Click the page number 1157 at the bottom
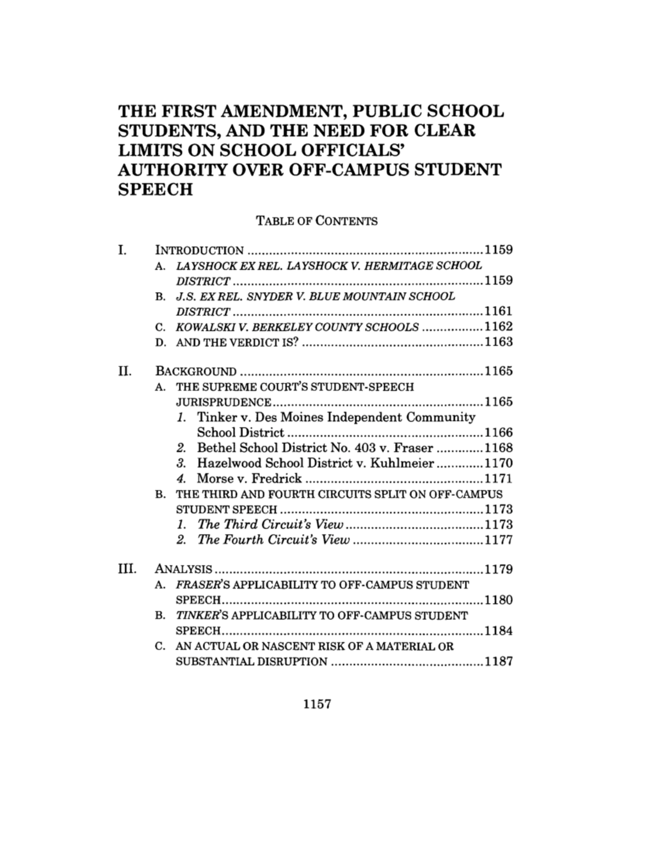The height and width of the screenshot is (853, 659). pos(317,704)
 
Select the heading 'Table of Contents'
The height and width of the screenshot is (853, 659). pos(317,221)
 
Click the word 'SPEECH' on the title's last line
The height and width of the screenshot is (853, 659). pos(155,189)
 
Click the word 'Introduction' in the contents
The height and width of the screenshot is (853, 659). pos(199,251)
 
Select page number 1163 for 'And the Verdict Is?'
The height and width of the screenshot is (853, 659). pos(498,342)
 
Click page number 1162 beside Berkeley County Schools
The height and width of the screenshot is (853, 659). pos(498,327)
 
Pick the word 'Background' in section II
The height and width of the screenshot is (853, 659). pos(196,372)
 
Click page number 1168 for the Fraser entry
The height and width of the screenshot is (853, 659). pos(498,448)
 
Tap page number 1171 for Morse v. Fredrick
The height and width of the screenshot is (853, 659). pos(498,478)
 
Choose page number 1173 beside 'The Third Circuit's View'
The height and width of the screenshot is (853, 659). pos(498,525)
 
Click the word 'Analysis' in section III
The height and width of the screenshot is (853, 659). pos(183,570)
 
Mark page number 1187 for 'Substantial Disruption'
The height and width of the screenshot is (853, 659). pos(498,661)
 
